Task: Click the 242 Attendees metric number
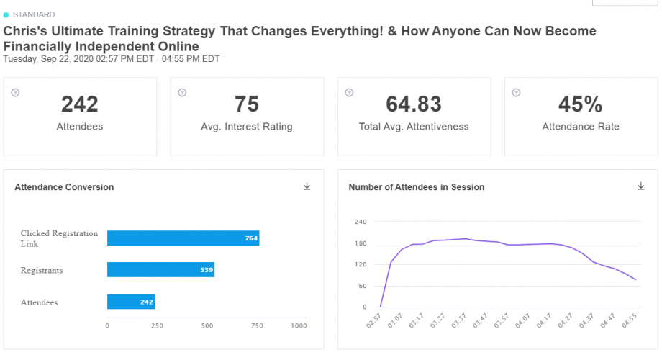tap(80, 104)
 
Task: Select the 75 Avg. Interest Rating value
tap(247, 104)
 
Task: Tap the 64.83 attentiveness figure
tap(414, 104)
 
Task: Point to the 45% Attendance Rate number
tap(581, 104)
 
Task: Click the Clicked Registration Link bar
tap(183, 238)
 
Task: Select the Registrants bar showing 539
tap(161, 269)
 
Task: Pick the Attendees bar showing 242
tap(131, 302)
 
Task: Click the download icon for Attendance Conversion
tap(307, 186)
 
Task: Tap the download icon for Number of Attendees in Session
tap(641, 186)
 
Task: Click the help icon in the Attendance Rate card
tap(517, 93)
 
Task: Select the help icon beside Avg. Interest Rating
tap(182, 93)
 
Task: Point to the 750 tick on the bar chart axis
tap(257, 325)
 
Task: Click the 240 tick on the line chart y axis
tap(361, 222)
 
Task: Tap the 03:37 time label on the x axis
tap(458, 320)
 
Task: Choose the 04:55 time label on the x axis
tap(629, 320)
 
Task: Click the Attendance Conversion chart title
tap(64, 187)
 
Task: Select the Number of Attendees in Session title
tap(417, 187)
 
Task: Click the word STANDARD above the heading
tap(34, 15)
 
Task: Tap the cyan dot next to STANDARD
tap(6, 15)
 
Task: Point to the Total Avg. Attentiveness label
tap(414, 126)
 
